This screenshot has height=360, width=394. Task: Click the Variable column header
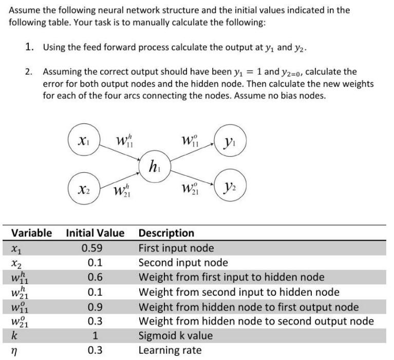pos(31,233)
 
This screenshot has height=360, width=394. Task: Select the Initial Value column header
pos(95,233)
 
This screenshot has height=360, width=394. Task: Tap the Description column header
pos(166,233)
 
